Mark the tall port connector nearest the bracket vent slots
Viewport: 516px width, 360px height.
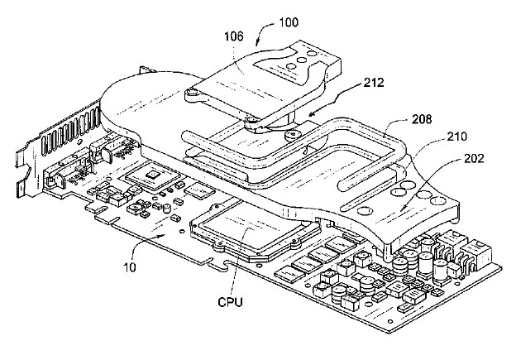tap(102, 154)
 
